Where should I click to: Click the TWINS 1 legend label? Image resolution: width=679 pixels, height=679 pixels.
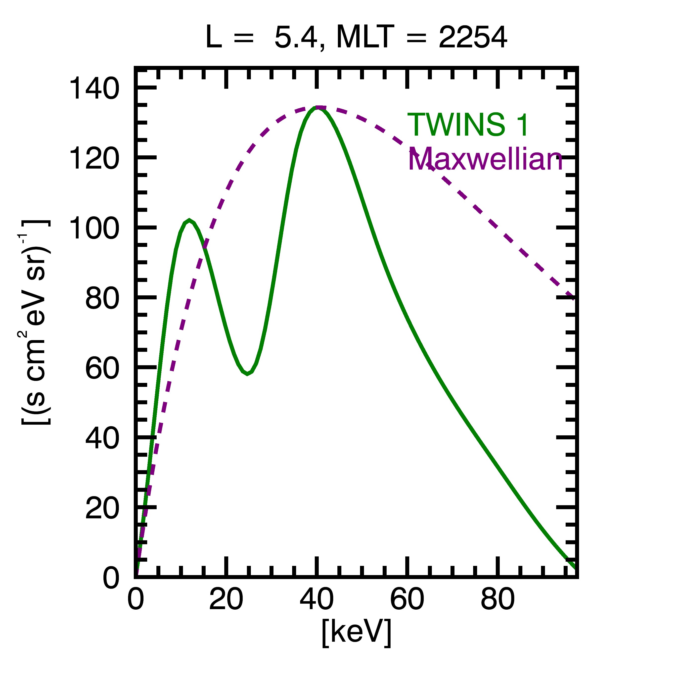pos(468,125)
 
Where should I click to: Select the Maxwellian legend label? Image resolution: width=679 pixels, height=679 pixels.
pos(485,159)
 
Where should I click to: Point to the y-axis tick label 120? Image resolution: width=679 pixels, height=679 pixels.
pos(94,159)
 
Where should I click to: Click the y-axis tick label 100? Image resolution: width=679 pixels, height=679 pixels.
pos(94,228)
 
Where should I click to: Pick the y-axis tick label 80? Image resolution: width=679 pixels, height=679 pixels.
pos(102,298)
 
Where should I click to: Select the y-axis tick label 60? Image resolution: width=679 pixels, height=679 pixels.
pos(102,368)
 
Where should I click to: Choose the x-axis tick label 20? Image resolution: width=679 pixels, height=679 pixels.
pos(226,598)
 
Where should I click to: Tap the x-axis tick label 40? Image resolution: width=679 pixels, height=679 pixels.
pos(317,598)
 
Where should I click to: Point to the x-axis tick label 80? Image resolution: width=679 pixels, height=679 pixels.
pos(498,598)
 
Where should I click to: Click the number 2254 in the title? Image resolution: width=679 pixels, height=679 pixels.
pos(473,37)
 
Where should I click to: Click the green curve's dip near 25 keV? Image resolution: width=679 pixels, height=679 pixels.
pos(247,374)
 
